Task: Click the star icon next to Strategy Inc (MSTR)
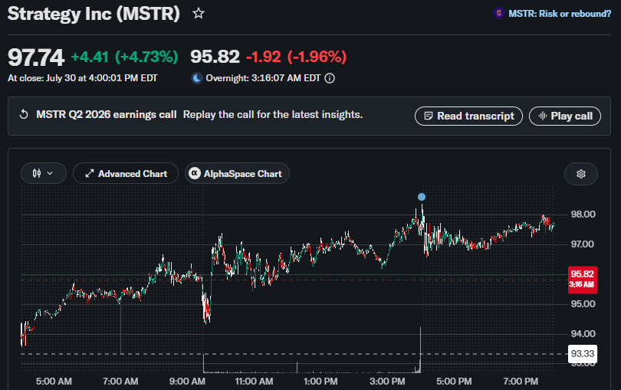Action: [199, 14]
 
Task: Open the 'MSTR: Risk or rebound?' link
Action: [559, 14]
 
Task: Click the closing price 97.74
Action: [35, 57]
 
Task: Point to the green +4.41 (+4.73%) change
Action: [124, 57]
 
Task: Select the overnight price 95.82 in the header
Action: [215, 57]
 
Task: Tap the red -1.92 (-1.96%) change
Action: [296, 57]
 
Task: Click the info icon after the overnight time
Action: [330, 78]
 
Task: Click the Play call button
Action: [565, 116]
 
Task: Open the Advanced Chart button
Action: [126, 173]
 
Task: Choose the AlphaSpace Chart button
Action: [237, 173]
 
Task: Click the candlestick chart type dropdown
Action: [43, 173]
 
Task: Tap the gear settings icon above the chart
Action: [581, 174]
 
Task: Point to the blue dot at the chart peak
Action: [422, 197]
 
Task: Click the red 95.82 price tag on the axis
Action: [582, 280]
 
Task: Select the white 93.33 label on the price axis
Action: [583, 353]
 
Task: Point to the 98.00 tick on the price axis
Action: [583, 215]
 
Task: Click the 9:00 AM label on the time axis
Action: [187, 382]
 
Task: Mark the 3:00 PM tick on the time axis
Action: [387, 382]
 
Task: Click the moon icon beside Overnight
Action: [197, 78]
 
